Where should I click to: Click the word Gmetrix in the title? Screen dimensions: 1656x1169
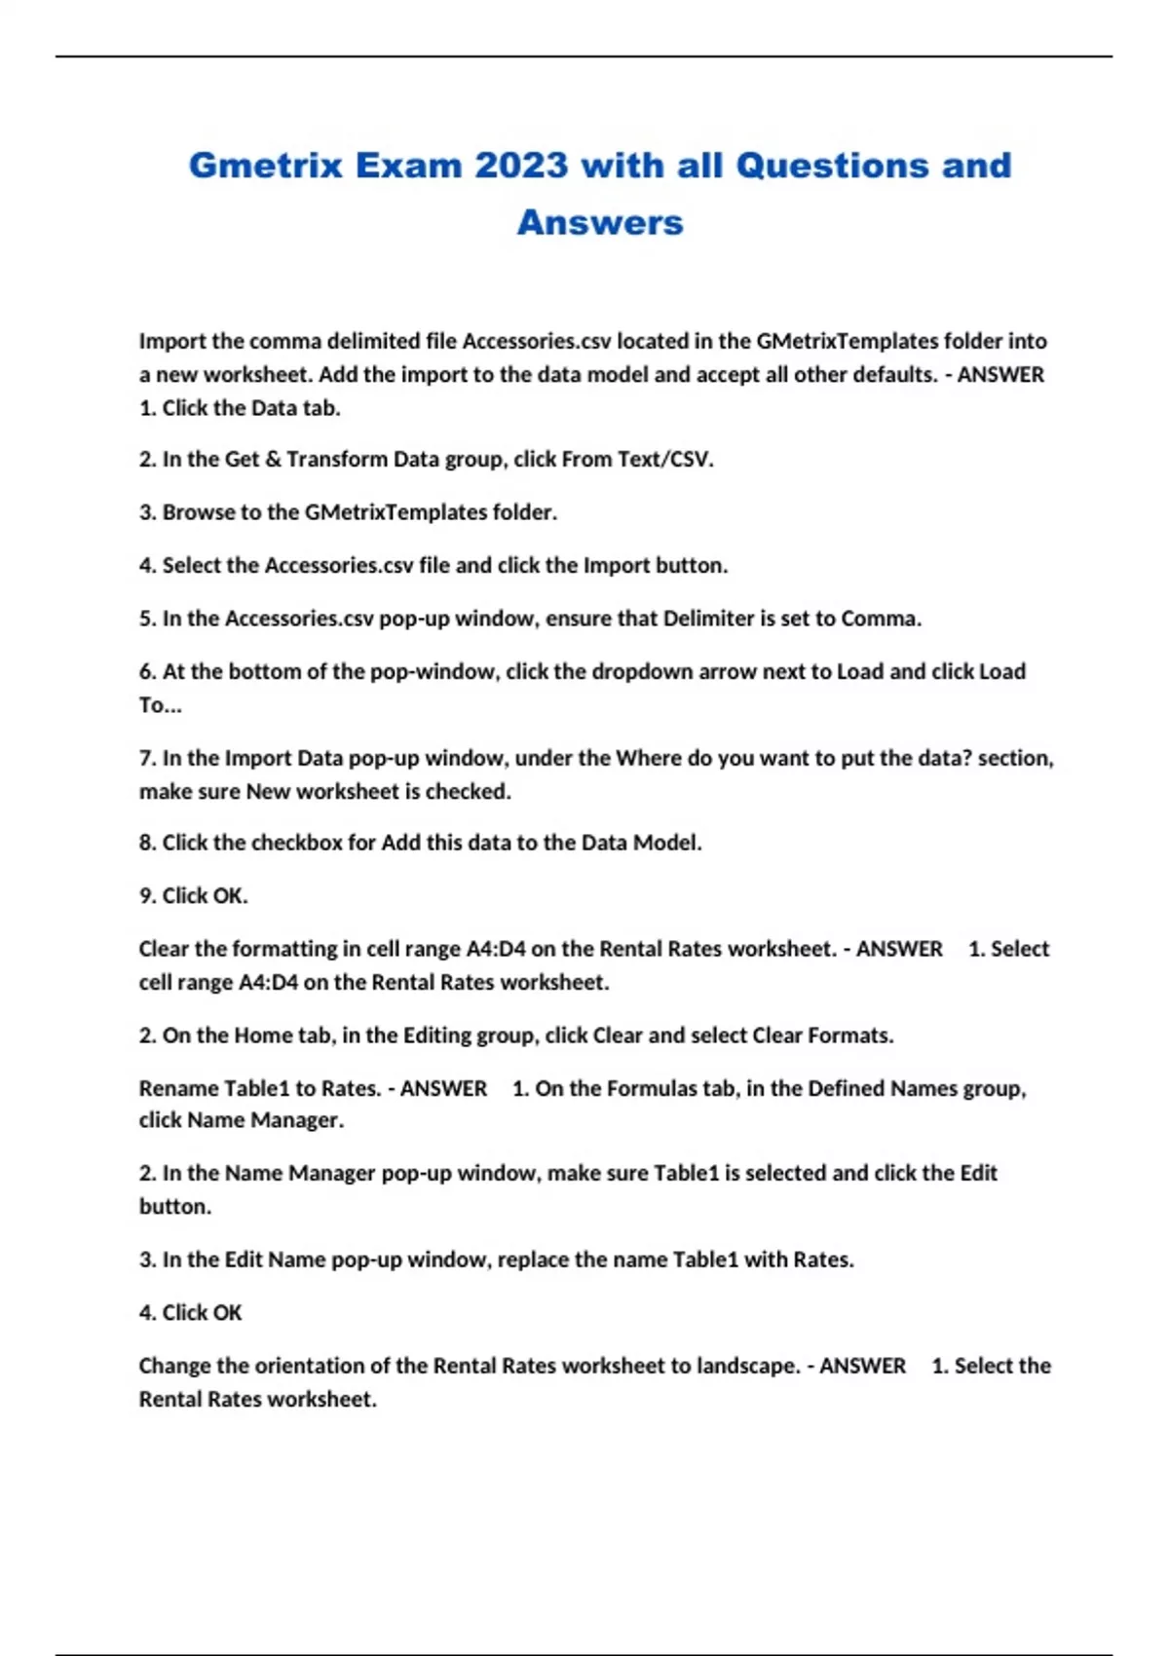[x=265, y=166]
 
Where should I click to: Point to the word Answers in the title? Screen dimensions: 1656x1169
[x=600, y=222]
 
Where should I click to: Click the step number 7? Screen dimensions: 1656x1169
[x=146, y=758]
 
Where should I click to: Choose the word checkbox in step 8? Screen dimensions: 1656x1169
[x=296, y=842]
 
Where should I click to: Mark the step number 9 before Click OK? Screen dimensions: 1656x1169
[x=146, y=895]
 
